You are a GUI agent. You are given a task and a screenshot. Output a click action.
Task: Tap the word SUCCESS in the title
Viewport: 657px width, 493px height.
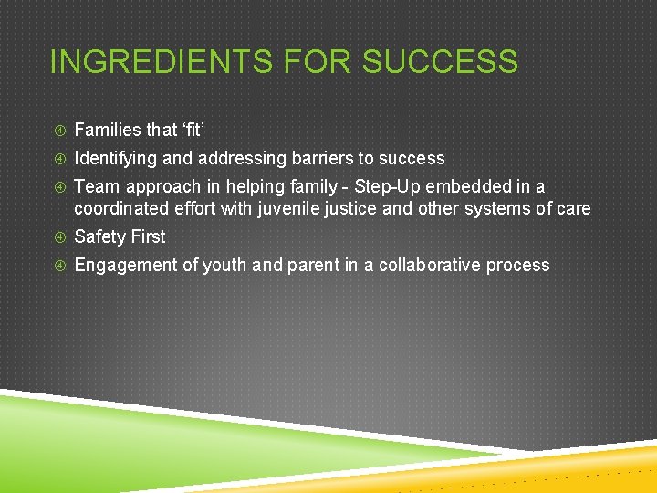point(440,62)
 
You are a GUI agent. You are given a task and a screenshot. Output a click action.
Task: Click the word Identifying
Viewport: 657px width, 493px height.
point(115,158)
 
